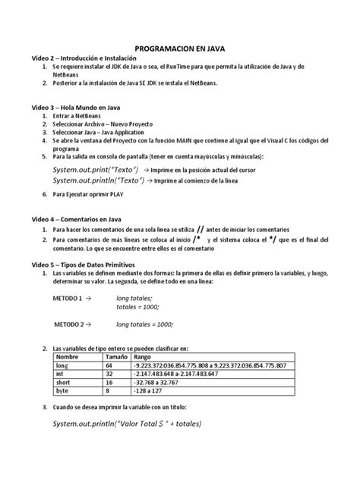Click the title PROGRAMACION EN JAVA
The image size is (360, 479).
[x=179, y=45]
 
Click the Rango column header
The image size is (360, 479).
[x=142, y=356]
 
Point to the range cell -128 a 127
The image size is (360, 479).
[x=151, y=392]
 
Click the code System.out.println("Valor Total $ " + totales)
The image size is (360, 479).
[x=127, y=424]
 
